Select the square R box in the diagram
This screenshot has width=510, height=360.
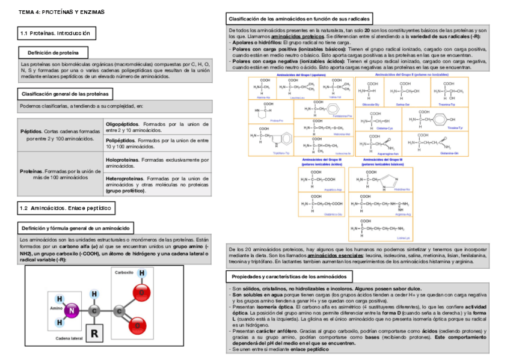94,332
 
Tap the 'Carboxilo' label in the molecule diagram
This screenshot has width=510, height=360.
124,272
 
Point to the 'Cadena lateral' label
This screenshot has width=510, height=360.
69,339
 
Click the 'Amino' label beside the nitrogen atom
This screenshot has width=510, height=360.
57,308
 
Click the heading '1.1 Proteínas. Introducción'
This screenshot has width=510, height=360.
55,33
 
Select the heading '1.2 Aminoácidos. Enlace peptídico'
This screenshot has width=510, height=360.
66,208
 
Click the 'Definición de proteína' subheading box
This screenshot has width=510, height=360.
54,52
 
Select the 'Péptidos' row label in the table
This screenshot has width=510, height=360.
32,131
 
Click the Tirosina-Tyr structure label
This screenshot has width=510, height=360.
455,128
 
